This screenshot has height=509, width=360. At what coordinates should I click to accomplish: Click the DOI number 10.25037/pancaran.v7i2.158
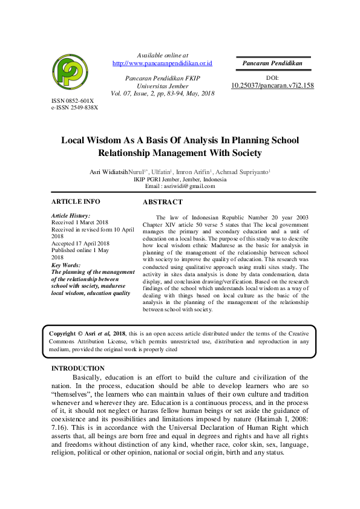pos(272,86)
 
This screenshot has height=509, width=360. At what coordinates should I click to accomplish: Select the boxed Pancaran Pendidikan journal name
pos(272,63)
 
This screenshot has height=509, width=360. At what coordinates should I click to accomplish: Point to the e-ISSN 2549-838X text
pos(74,107)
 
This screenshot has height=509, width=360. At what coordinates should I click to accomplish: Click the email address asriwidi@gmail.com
pos(189,186)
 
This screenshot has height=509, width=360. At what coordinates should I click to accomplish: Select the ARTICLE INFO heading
pos(76,201)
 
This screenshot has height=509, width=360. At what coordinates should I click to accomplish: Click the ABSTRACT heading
pos(162,202)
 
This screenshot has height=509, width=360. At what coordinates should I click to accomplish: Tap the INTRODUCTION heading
pos(77,368)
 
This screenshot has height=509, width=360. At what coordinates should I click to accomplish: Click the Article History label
pos(71,216)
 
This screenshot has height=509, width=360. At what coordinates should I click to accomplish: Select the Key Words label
pos(66,265)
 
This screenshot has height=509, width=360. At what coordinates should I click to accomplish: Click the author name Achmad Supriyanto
pos(244,172)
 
